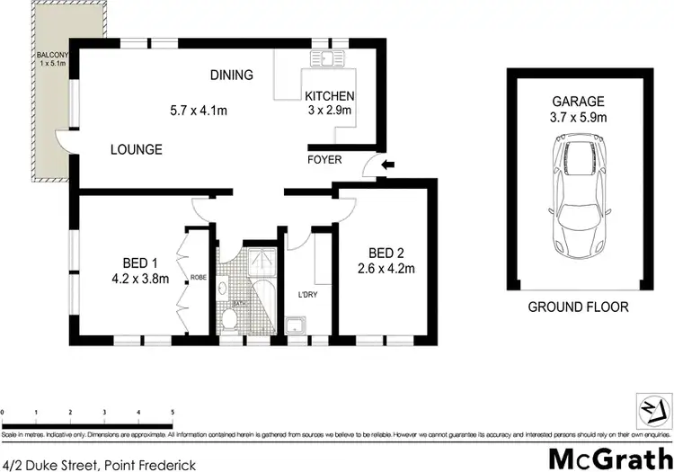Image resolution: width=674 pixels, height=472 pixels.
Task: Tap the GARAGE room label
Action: pos(579,102)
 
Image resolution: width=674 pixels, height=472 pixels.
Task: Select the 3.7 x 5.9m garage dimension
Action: pos(579,117)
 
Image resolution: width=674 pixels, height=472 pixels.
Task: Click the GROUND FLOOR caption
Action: pos(579,307)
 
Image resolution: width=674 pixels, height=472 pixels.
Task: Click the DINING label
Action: pos(232,76)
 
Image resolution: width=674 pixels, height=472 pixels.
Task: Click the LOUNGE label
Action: pos(137,149)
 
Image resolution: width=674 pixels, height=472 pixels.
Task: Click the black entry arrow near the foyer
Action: pos(387,165)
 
